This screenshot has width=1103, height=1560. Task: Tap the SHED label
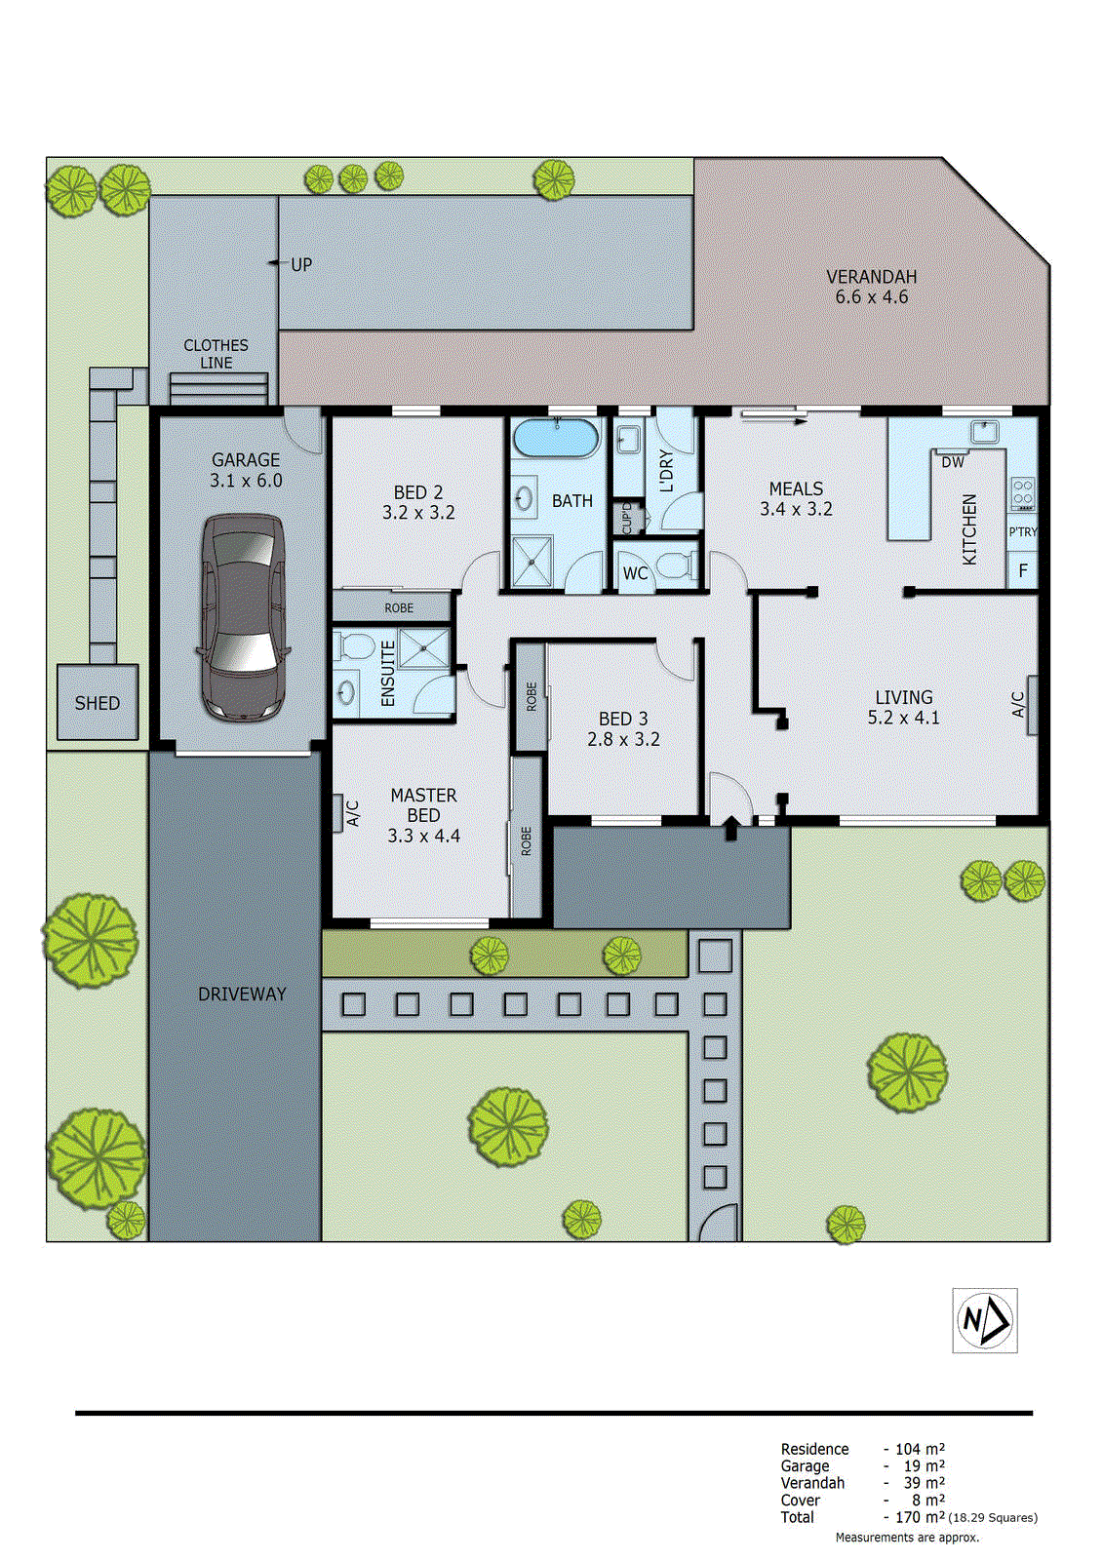coord(97,703)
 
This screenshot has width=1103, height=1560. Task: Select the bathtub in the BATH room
coord(555,438)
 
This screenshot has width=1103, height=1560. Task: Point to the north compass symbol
coord(984,1320)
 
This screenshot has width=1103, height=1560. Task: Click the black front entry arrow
coord(731,828)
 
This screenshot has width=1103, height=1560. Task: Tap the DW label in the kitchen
coord(953,462)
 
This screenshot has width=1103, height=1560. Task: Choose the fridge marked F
coord(1022,570)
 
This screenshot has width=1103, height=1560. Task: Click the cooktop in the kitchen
coord(1022,493)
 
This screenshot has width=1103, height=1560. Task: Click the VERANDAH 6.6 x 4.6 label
coord(871,287)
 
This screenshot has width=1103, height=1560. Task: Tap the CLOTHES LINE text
coord(216,354)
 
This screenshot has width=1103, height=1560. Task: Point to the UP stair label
coord(301,264)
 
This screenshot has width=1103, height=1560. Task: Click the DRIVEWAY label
coord(242,994)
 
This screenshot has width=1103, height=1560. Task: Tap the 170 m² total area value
coord(919,1517)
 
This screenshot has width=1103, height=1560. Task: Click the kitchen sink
coord(984,430)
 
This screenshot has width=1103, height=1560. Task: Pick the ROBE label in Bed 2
coord(398,607)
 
